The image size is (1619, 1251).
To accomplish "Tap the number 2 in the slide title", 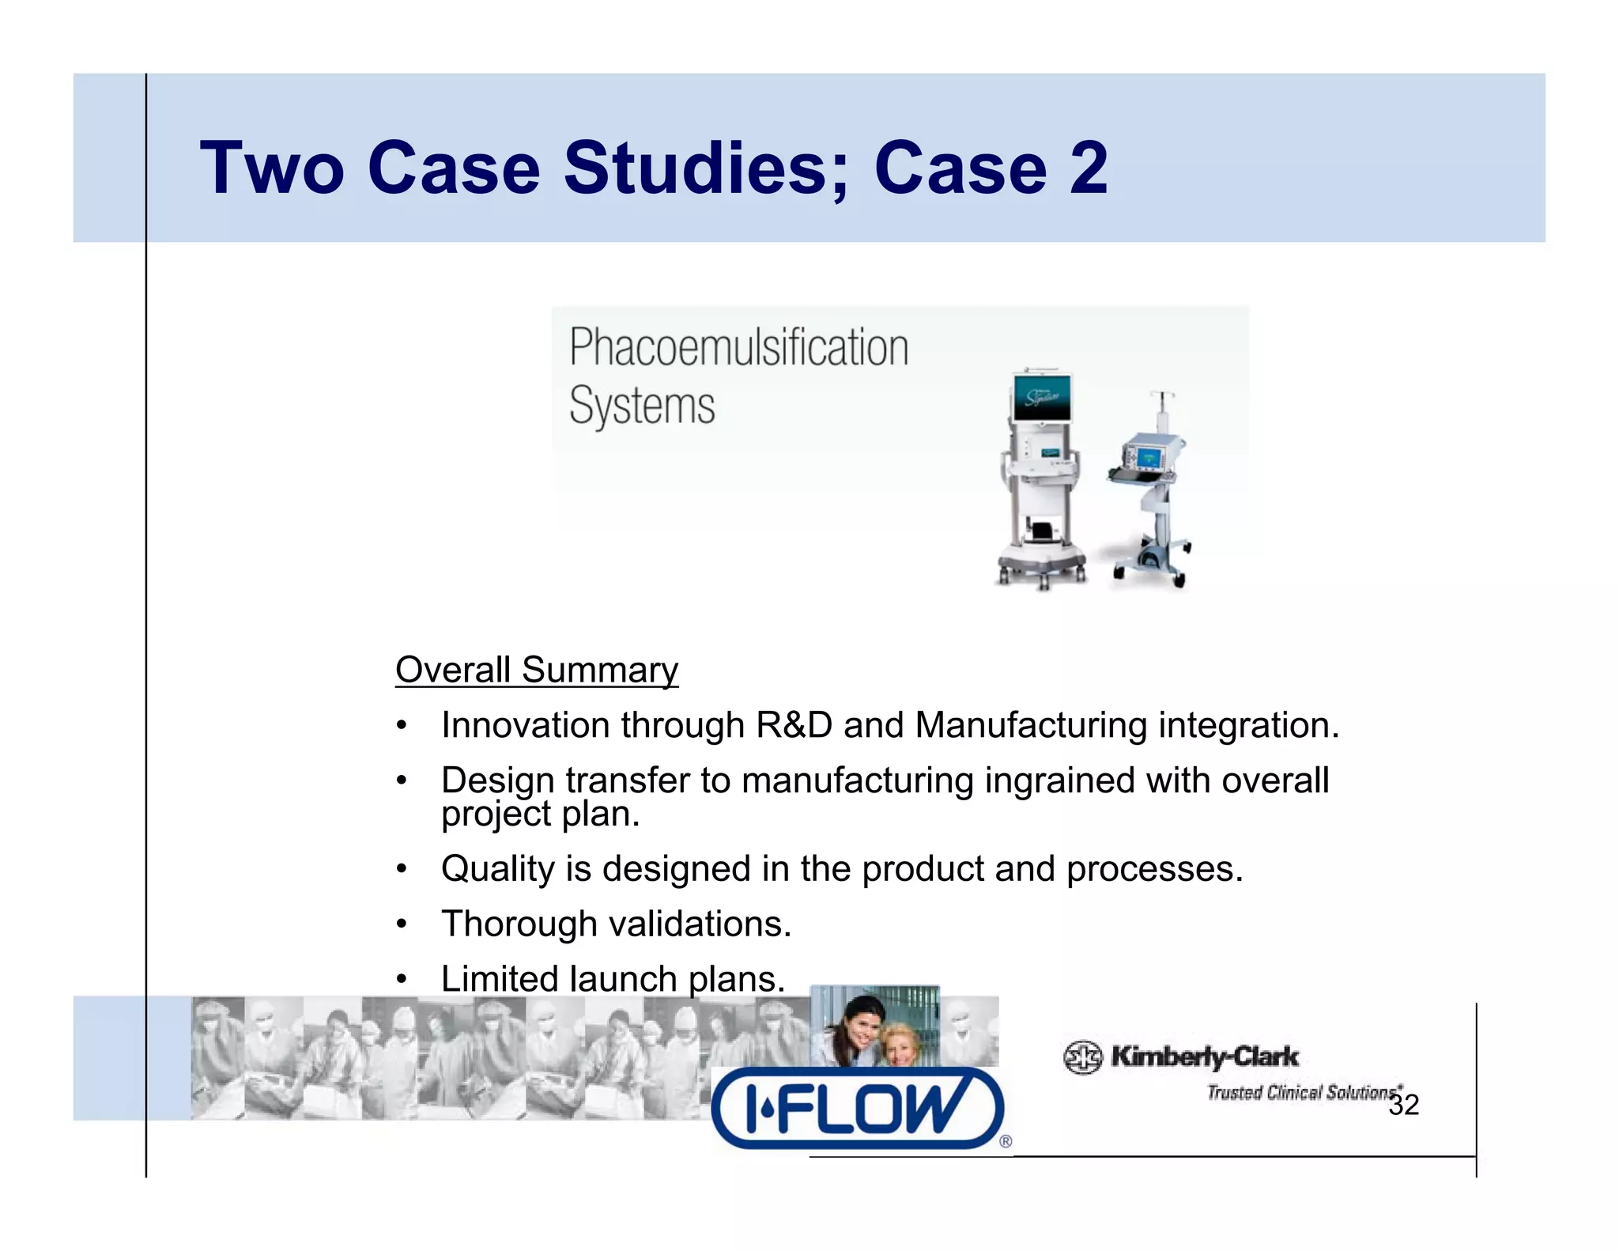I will (1089, 168).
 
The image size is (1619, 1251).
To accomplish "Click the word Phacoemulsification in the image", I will (738, 348).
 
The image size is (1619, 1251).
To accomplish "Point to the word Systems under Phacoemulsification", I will (642, 406).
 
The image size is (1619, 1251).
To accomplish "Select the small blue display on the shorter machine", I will (1148, 458).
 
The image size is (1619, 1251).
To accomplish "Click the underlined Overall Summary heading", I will (537, 671).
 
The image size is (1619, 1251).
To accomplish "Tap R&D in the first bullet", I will (794, 726).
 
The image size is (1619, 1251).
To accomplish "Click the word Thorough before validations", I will (519, 924).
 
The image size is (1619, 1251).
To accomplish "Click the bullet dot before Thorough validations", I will (402, 924).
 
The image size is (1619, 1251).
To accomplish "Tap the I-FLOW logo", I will (859, 1108).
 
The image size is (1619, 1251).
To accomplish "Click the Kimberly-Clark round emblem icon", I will (1082, 1057).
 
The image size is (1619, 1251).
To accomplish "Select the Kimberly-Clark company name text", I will (1204, 1056).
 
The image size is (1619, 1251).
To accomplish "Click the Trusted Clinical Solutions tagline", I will (1301, 1093).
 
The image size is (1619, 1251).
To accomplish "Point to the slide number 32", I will (1404, 1105).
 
